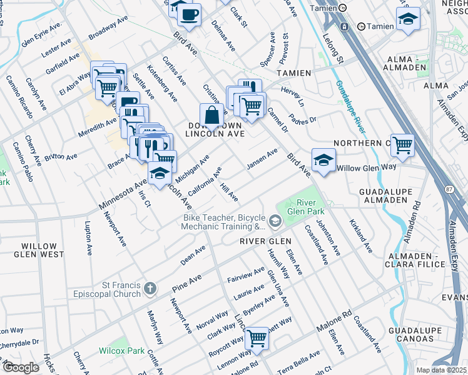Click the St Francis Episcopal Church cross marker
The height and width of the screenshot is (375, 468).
point(150,288)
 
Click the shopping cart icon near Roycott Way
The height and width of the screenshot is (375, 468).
point(257,338)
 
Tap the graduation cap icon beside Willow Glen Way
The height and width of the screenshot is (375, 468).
point(323,160)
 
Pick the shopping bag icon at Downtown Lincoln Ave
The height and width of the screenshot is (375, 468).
point(211,115)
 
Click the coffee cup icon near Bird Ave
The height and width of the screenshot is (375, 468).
point(191,12)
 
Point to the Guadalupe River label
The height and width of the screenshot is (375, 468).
point(350,107)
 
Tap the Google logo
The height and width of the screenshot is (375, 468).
point(21,367)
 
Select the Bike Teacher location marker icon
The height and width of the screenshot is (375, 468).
point(274,222)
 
